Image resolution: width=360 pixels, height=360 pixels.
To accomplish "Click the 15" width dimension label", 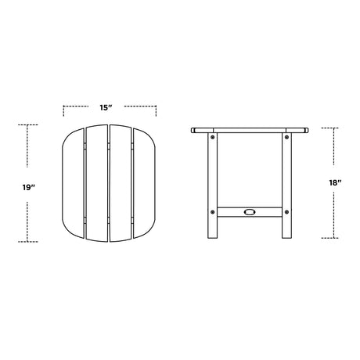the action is click(x=106, y=107).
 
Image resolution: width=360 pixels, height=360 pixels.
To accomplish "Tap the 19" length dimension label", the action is click(x=29, y=187).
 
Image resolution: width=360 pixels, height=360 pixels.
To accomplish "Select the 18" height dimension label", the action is click(x=335, y=183).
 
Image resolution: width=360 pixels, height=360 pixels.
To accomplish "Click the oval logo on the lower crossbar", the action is click(x=250, y=212).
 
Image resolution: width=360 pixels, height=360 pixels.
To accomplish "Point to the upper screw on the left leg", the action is click(x=213, y=137).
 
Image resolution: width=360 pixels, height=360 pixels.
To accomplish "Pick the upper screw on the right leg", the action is click(x=286, y=137).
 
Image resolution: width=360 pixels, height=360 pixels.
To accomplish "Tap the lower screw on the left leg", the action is click(x=213, y=212).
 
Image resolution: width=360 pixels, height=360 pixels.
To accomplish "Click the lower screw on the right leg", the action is click(x=286, y=212).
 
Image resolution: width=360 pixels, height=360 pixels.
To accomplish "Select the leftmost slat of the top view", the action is click(x=73, y=183).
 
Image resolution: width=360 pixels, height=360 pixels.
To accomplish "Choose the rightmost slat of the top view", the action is click(x=144, y=183).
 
